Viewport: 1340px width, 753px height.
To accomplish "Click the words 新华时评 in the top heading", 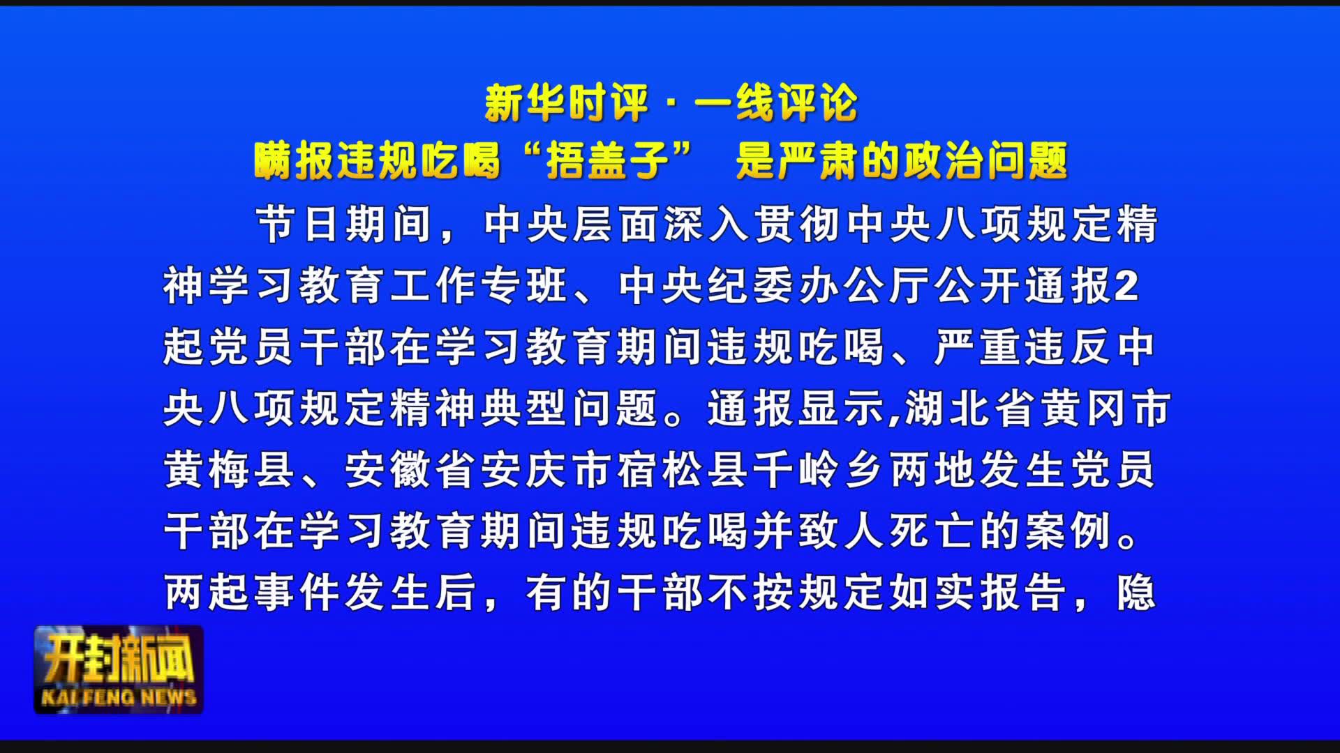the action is (x=567, y=103).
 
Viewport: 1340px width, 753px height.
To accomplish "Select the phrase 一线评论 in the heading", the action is (x=775, y=103).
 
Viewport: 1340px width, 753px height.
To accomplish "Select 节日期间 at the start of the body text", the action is (x=344, y=224).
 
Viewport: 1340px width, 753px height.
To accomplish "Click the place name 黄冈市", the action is (x=1105, y=408).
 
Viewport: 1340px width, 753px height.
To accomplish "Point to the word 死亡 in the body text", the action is (x=932, y=531).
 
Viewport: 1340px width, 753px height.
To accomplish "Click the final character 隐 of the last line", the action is (x=1136, y=592).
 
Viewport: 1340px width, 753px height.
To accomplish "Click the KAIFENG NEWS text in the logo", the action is (x=119, y=697).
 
